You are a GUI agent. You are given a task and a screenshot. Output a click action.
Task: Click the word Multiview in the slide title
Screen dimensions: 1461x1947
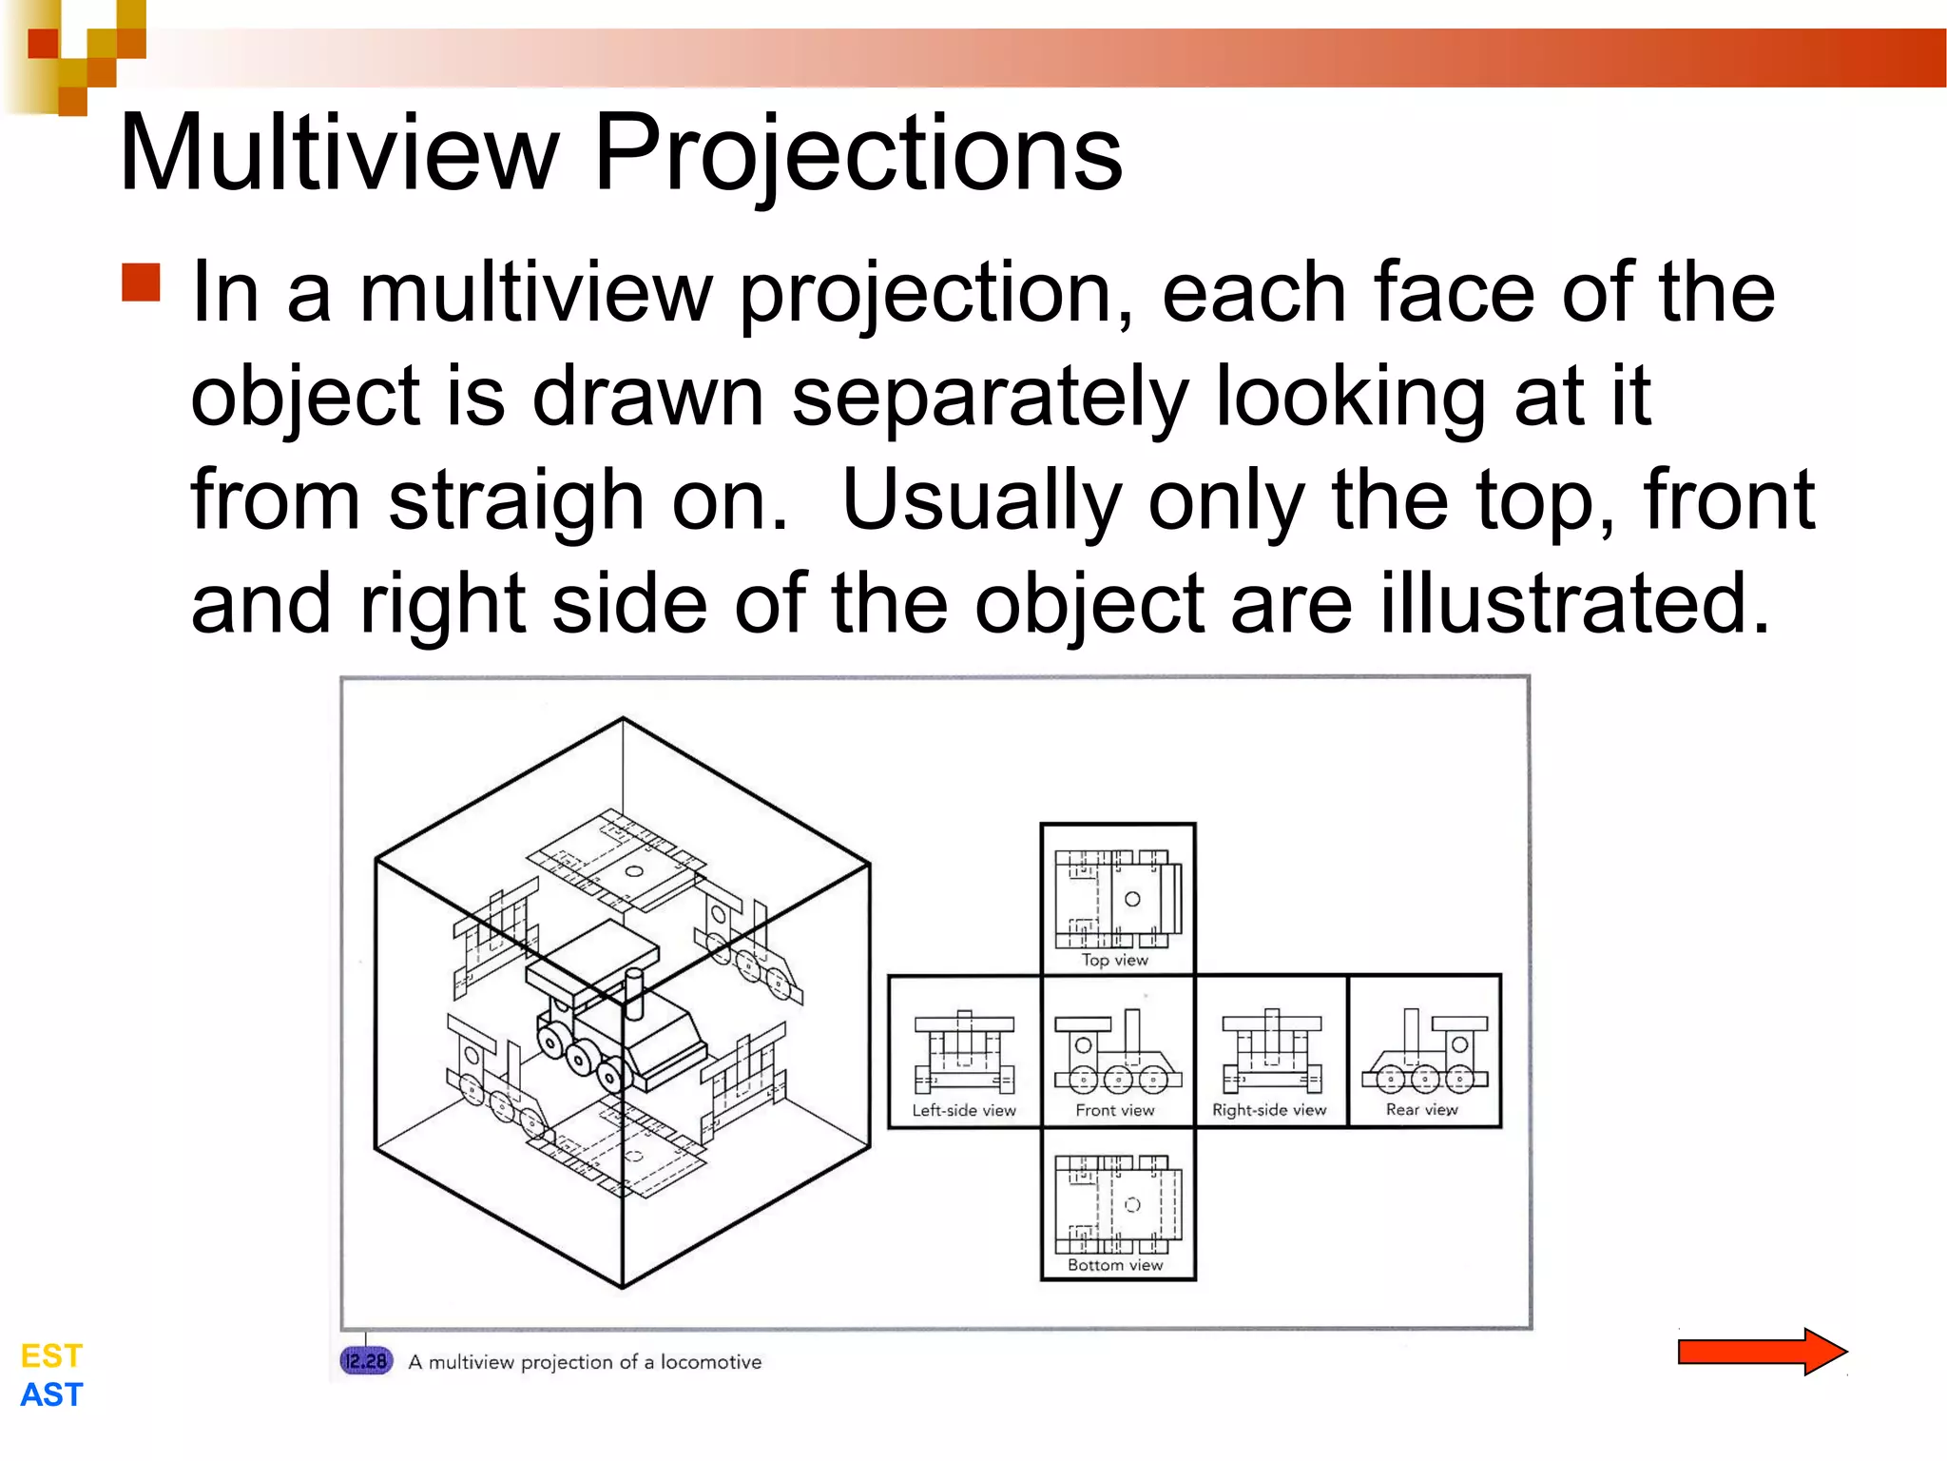coord(339,152)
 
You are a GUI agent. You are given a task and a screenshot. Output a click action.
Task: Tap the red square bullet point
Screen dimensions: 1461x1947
coord(142,282)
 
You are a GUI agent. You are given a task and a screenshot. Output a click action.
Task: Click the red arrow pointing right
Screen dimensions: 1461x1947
coord(1762,1352)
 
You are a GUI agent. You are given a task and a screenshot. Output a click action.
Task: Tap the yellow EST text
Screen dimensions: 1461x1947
coord(51,1355)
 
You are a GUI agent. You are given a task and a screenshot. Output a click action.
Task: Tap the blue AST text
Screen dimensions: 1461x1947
coord(51,1394)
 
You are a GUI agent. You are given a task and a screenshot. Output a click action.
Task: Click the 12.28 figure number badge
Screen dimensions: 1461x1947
coord(366,1361)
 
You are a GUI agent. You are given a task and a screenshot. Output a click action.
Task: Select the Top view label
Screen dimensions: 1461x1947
coord(1115,960)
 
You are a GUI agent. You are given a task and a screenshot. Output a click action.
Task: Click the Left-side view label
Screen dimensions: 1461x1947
coord(964,1110)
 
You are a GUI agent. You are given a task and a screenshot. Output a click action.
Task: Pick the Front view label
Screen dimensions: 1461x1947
coord(1115,1110)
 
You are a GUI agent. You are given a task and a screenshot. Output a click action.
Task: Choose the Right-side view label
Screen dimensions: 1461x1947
coord(1269,1110)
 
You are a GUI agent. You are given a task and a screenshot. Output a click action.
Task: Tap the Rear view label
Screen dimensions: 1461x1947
coord(1422,1109)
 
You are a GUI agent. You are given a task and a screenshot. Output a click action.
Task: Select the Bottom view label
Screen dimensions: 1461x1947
coord(1115,1265)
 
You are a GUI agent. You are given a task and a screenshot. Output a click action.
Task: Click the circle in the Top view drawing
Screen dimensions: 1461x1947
coord(1132,899)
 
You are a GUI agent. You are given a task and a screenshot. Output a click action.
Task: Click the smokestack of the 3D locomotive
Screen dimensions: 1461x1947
coord(634,989)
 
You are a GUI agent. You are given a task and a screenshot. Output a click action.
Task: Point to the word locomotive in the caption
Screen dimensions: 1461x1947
coord(711,1362)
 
